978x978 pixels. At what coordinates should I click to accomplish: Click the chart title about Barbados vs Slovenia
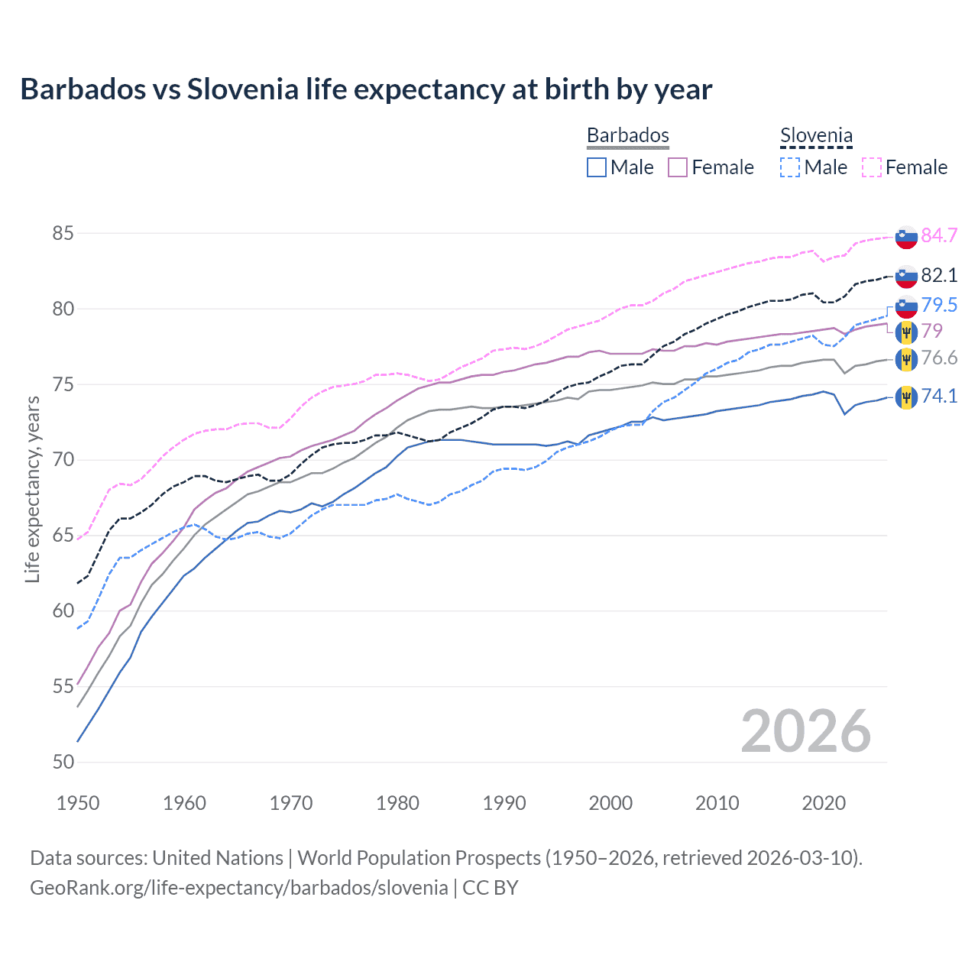366,89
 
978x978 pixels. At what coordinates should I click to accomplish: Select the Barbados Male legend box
597,167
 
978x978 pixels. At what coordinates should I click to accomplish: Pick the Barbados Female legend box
678,167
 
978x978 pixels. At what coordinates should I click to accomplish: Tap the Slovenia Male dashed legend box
790,167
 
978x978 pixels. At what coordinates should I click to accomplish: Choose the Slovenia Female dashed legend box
872,167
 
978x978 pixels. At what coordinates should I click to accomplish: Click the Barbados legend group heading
627,135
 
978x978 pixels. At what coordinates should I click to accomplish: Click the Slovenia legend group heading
816,136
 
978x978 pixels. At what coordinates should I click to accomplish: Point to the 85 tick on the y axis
63,233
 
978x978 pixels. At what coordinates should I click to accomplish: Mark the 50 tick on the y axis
63,762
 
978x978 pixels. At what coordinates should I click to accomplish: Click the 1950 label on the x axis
78,803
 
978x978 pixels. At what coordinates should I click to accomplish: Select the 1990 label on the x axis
504,803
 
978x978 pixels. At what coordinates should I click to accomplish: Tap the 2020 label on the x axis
823,803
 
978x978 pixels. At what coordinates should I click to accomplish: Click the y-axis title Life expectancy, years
32,489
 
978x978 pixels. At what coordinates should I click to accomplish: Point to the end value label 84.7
939,235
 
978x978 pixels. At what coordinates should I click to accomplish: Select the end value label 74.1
939,396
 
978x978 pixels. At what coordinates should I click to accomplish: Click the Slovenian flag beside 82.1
906,276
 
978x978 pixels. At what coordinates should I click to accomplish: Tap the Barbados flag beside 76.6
906,359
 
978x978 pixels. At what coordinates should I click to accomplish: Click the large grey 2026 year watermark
805,731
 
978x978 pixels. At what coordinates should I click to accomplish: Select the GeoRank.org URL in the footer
239,888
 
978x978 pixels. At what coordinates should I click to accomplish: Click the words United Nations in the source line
218,858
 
